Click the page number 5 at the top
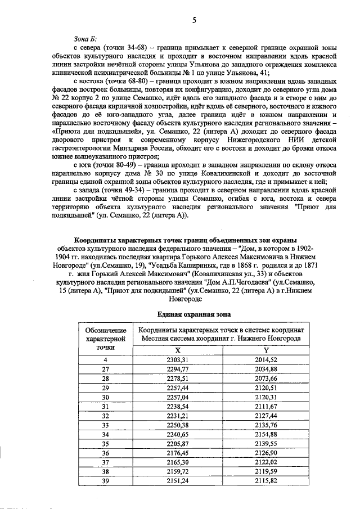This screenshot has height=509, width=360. point(194,21)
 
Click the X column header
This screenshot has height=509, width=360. point(178,350)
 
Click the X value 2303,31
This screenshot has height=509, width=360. point(178,359)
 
